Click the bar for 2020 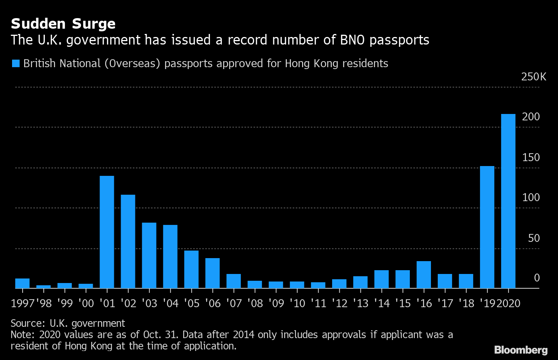coord(508,201)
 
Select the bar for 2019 coord(487,227)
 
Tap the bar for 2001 coord(107,232)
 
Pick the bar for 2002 coord(128,242)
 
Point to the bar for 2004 coord(170,257)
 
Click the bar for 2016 coord(424,275)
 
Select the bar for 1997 coord(23,283)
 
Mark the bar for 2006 coord(213,273)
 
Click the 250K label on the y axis coord(533,77)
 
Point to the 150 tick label coord(531,157)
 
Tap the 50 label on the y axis coord(534,238)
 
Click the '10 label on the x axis coord(297,303)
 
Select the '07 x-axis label coord(234,303)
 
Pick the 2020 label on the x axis coord(509,303)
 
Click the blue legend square coord(15,63)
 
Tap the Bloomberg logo coord(521,350)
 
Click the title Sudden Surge coord(63,24)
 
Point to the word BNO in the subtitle coord(353,40)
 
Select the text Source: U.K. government coord(68,323)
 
